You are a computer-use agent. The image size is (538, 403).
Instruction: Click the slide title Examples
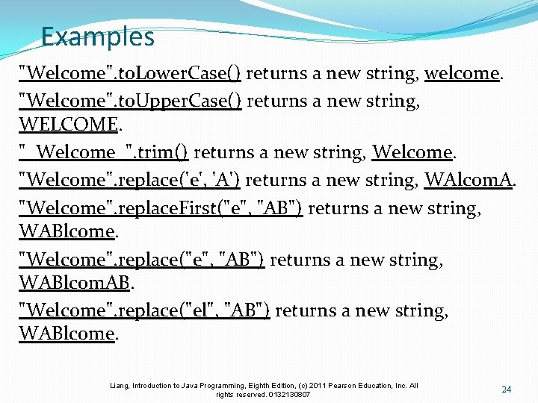point(97,37)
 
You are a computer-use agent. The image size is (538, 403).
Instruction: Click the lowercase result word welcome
point(461,73)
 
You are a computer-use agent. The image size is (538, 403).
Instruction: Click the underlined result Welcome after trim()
point(412,153)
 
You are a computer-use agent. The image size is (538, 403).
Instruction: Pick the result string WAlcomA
point(468,180)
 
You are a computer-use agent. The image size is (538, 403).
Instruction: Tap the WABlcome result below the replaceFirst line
point(66,231)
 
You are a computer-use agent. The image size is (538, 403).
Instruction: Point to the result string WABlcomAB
point(75,283)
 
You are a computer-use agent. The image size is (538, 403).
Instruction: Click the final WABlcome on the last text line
point(66,334)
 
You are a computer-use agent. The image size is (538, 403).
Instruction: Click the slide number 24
point(506,390)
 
